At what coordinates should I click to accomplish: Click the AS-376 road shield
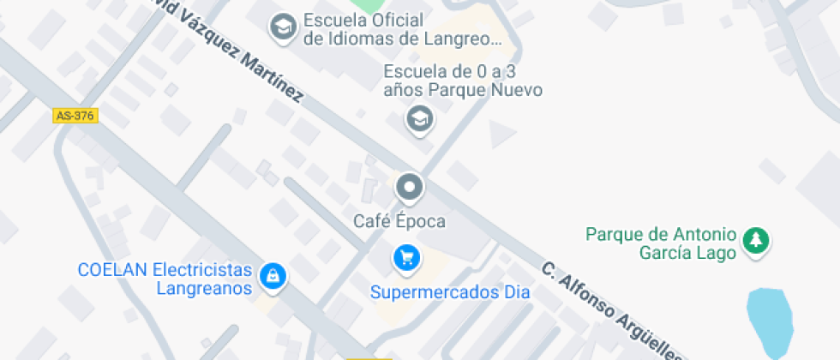75,116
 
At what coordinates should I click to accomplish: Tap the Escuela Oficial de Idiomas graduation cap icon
280,28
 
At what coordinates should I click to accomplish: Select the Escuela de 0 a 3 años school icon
419,119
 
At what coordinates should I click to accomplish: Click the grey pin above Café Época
409,186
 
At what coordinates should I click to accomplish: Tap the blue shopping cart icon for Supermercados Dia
406,256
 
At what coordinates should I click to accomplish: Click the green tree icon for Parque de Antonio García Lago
755,240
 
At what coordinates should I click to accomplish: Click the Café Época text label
399,221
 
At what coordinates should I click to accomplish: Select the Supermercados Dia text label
450,292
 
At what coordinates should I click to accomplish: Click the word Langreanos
204,288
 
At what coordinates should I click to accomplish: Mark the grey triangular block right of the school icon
502,133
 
